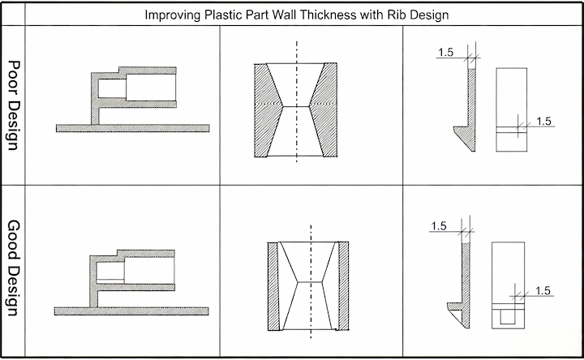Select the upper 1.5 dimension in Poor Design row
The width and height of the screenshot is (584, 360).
click(x=446, y=53)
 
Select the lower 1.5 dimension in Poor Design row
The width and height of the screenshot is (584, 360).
click(x=543, y=121)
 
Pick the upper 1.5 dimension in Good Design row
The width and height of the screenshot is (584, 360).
click(x=439, y=226)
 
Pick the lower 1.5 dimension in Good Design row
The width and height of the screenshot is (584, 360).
click(x=543, y=290)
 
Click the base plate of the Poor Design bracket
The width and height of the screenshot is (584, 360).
click(x=132, y=128)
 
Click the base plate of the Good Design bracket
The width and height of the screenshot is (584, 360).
click(x=131, y=311)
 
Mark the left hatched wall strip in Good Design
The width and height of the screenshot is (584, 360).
click(x=273, y=286)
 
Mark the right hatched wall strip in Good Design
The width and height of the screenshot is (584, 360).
click(x=343, y=286)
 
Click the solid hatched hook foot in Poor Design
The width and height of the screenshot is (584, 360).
click(x=466, y=137)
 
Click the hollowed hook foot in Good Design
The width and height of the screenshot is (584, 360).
click(x=457, y=314)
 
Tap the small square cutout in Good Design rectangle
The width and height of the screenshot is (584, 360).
click(x=507, y=317)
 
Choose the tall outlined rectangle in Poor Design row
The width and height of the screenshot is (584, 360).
click(x=511, y=109)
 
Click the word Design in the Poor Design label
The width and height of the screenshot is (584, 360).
click(x=13, y=125)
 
